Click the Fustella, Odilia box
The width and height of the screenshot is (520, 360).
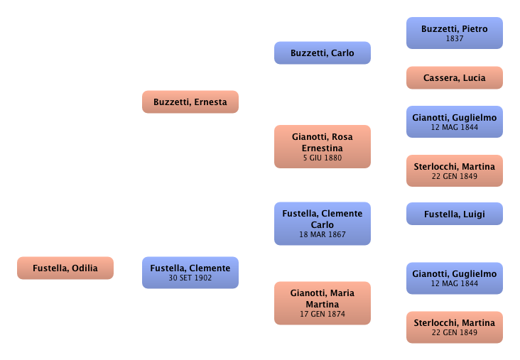(x=65, y=268)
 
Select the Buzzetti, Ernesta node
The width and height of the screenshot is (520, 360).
(x=190, y=102)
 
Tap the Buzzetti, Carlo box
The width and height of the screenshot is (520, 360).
(x=322, y=53)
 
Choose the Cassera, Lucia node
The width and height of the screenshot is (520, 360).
(x=454, y=78)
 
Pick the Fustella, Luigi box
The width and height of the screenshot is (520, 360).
(x=454, y=214)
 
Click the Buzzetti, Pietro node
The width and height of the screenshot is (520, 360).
(x=454, y=29)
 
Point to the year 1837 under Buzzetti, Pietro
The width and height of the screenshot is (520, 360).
(x=454, y=38)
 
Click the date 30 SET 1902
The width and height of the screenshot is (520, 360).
(x=190, y=278)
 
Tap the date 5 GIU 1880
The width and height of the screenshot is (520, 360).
(x=322, y=158)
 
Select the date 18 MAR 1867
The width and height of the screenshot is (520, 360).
(x=322, y=234)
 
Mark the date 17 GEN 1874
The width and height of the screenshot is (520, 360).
(x=322, y=313)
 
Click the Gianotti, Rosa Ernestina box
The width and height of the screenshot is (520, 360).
(x=322, y=141)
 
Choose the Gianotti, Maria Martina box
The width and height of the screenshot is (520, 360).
(x=322, y=298)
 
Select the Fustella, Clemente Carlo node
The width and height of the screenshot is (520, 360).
(x=322, y=218)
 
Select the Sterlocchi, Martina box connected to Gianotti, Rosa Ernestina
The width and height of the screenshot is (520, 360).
(x=454, y=171)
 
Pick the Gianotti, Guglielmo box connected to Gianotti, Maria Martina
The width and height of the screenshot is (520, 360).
(x=454, y=278)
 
